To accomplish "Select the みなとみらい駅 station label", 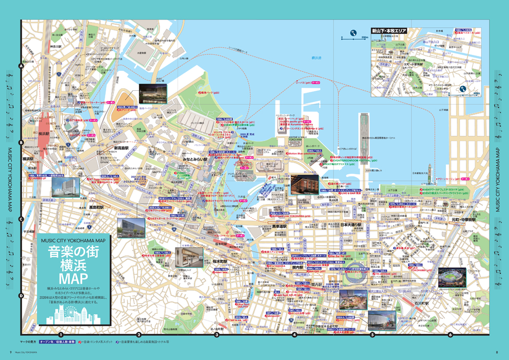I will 194,159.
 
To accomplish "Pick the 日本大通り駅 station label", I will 351,225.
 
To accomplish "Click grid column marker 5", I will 372,335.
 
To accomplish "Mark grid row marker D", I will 21,295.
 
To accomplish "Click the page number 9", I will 11,352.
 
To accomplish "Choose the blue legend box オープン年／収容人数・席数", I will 57,341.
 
